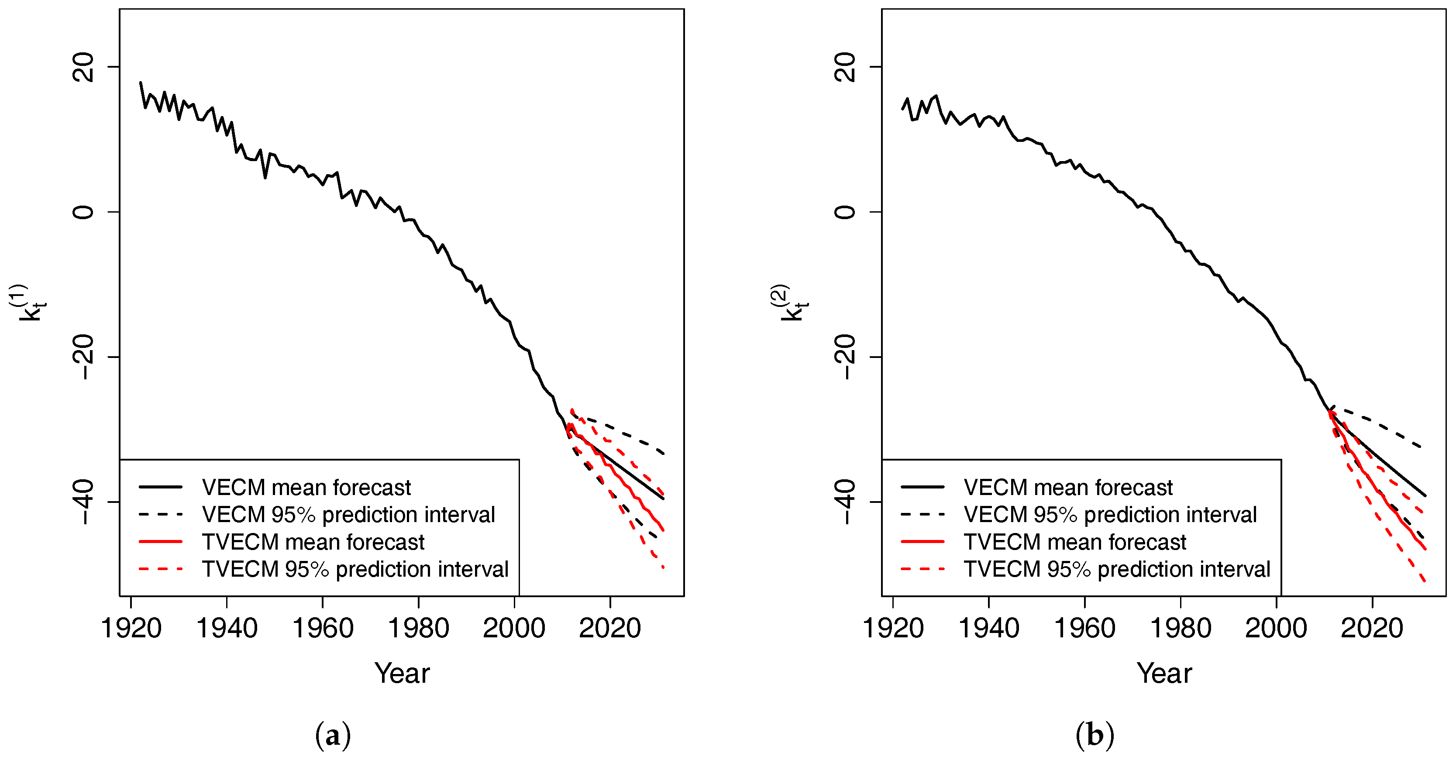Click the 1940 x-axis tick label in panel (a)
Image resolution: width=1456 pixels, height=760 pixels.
227,628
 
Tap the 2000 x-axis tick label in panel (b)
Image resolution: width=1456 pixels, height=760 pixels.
1276,628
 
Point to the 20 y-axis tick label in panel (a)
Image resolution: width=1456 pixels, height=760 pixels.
83,67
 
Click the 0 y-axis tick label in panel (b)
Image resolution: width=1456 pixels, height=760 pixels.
845,212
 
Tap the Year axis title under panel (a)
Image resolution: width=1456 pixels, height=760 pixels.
402,673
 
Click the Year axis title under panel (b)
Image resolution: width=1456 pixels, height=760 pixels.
1164,673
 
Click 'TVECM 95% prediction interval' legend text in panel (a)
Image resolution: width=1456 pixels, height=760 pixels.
355,569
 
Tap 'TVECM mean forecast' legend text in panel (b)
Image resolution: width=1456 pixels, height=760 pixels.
1074,542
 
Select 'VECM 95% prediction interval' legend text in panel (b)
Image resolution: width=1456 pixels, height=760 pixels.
1110,514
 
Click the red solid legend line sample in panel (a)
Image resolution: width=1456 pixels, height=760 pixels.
161,542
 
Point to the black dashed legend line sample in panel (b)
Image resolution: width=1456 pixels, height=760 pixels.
922,514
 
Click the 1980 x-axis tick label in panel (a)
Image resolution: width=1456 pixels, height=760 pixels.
418,628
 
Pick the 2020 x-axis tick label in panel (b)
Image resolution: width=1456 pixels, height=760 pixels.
1372,628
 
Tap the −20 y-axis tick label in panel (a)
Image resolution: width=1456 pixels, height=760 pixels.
83,357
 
